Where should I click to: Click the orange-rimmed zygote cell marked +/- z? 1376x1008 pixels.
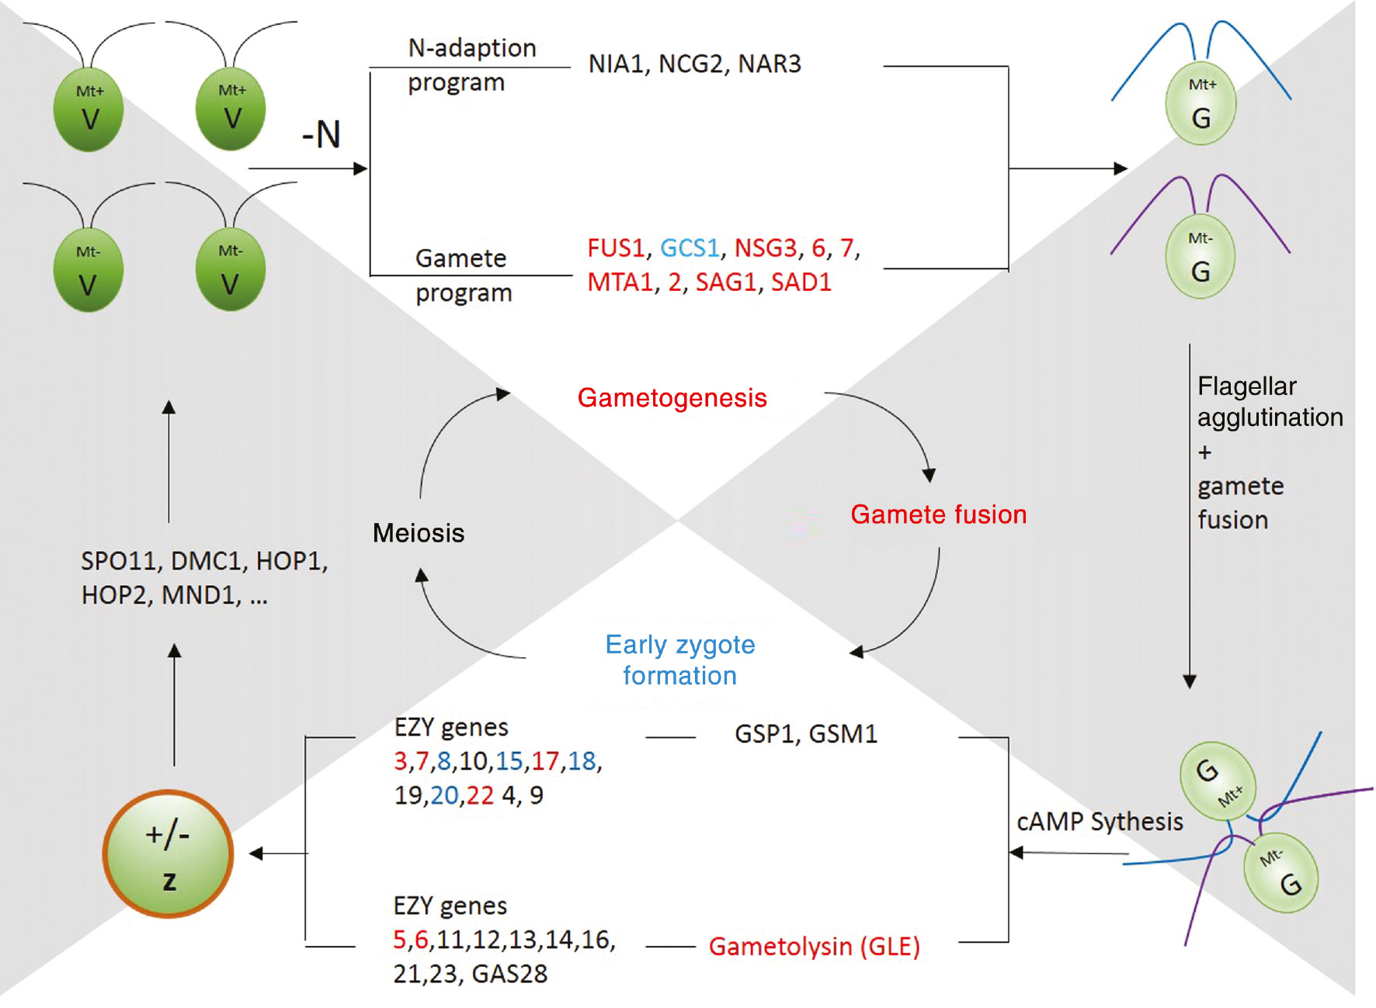168,854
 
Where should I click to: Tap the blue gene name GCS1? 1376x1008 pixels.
690,248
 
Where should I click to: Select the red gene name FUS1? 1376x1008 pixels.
616,248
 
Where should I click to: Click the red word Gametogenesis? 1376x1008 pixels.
672,398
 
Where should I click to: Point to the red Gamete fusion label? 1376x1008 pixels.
938,514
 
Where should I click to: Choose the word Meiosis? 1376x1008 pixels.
419,533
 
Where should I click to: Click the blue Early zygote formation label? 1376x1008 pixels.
680,660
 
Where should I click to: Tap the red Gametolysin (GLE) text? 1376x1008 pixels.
814,947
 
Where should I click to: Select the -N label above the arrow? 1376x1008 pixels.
321,135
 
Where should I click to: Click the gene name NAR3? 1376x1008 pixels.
770,64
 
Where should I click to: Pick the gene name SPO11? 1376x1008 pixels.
119,561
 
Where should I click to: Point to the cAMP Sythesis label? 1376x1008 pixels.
1100,822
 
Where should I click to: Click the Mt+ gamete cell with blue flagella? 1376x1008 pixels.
1201,104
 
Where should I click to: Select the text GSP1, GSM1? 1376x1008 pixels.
806,734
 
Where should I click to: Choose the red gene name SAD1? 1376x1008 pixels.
801,282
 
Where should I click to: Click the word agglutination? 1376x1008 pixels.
1270,418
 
